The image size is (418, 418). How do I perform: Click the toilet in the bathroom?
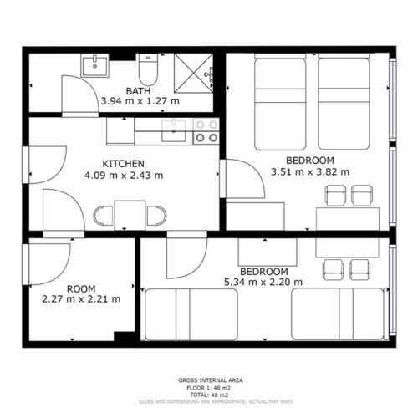[148, 69]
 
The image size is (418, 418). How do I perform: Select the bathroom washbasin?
[94, 65]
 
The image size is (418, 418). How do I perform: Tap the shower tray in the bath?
[194, 73]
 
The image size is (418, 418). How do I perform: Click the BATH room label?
[138, 91]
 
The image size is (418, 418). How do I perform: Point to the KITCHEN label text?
[124, 164]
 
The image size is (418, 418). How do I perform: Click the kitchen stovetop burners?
[206, 131]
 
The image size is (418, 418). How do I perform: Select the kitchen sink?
[174, 130]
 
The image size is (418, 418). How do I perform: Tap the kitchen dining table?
[130, 215]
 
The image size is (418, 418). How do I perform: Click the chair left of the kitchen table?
[103, 216]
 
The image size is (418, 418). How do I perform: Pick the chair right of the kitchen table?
[157, 216]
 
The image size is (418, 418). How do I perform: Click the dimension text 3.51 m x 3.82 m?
[310, 172]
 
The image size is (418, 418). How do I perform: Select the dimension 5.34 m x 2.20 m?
[263, 282]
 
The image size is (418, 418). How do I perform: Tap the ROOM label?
[81, 288]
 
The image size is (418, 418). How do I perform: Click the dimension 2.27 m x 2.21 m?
[81, 299]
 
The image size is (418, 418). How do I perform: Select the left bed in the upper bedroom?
[280, 102]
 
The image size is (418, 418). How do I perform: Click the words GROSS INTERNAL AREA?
[211, 380]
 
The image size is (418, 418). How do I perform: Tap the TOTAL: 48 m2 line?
[209, 395]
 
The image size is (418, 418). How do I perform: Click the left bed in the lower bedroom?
[191, 314]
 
